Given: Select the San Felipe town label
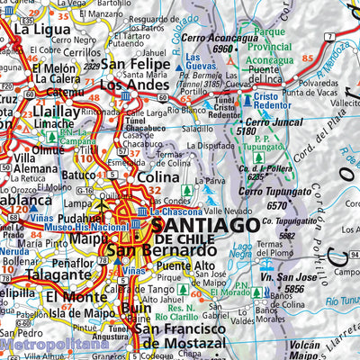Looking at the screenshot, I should point(135,66).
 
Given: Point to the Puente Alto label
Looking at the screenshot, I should point(185,266).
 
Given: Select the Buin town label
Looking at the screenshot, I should point(136,308).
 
